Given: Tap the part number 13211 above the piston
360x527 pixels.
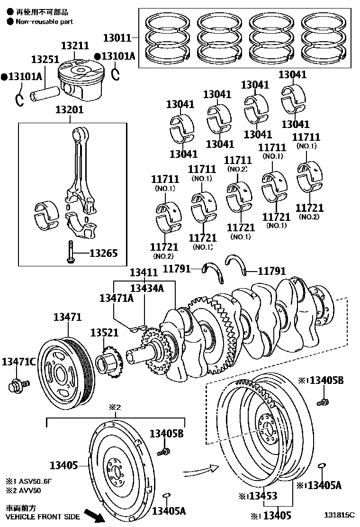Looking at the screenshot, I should click(x=75, y=46).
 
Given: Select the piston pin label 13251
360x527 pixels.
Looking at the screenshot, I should click(x=45, y=60).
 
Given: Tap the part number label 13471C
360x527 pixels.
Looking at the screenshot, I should click(x=18, y=362).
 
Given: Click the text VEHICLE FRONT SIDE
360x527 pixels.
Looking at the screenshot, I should click(x=43, y=517).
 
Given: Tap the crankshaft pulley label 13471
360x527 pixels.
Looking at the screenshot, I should click(x=67, y=317).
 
